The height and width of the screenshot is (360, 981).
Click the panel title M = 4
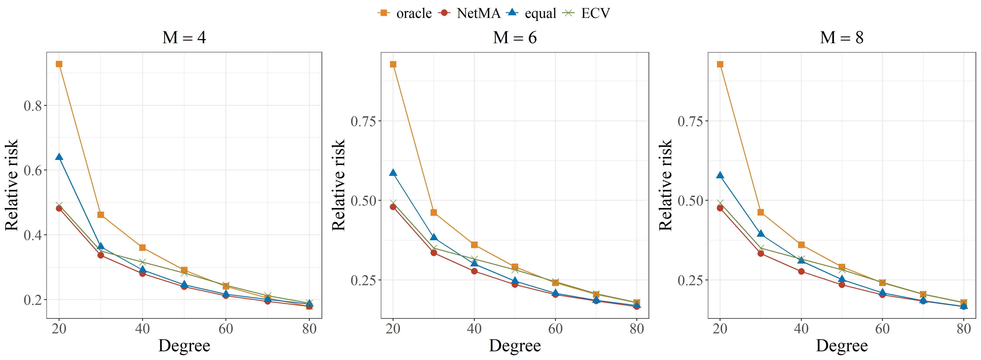(x=184, y=37)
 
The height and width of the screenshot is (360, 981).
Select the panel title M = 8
(x=842, y=37)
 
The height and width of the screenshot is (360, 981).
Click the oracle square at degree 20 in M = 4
(x=59, y=64)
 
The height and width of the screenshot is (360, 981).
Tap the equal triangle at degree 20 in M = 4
(x=59, y=157)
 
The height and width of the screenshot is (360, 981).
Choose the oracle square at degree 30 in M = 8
(x=761, y=212)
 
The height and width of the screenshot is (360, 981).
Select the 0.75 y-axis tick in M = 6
(x=363, y=121)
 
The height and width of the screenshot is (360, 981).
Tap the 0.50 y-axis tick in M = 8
(x=690, y=200)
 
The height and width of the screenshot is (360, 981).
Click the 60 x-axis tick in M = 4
(x=226, y=328)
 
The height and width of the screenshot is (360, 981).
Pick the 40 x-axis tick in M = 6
(x=474, y=328)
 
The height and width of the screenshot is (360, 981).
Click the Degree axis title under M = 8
(x=842, y=346)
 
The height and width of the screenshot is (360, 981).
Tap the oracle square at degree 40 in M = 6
(x=474, y=245)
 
